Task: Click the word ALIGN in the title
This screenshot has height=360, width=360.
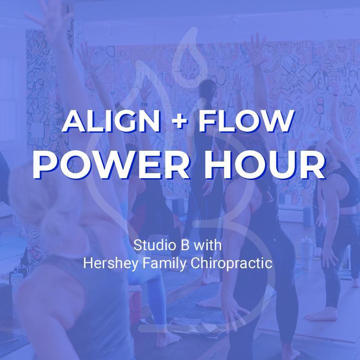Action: click(111, 121)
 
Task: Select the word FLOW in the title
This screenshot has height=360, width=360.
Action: click(246, 121)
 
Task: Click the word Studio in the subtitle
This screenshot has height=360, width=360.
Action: click(155, 245)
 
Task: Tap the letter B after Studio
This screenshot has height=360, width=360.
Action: click(185, 245)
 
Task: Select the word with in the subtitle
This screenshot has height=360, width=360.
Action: click(207, 245)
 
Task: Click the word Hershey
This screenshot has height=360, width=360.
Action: click(111, 263)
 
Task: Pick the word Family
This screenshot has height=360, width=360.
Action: click(164, 263)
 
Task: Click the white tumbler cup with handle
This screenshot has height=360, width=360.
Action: click(308, 252)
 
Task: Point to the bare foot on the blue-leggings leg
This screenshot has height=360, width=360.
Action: click(168, 337)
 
